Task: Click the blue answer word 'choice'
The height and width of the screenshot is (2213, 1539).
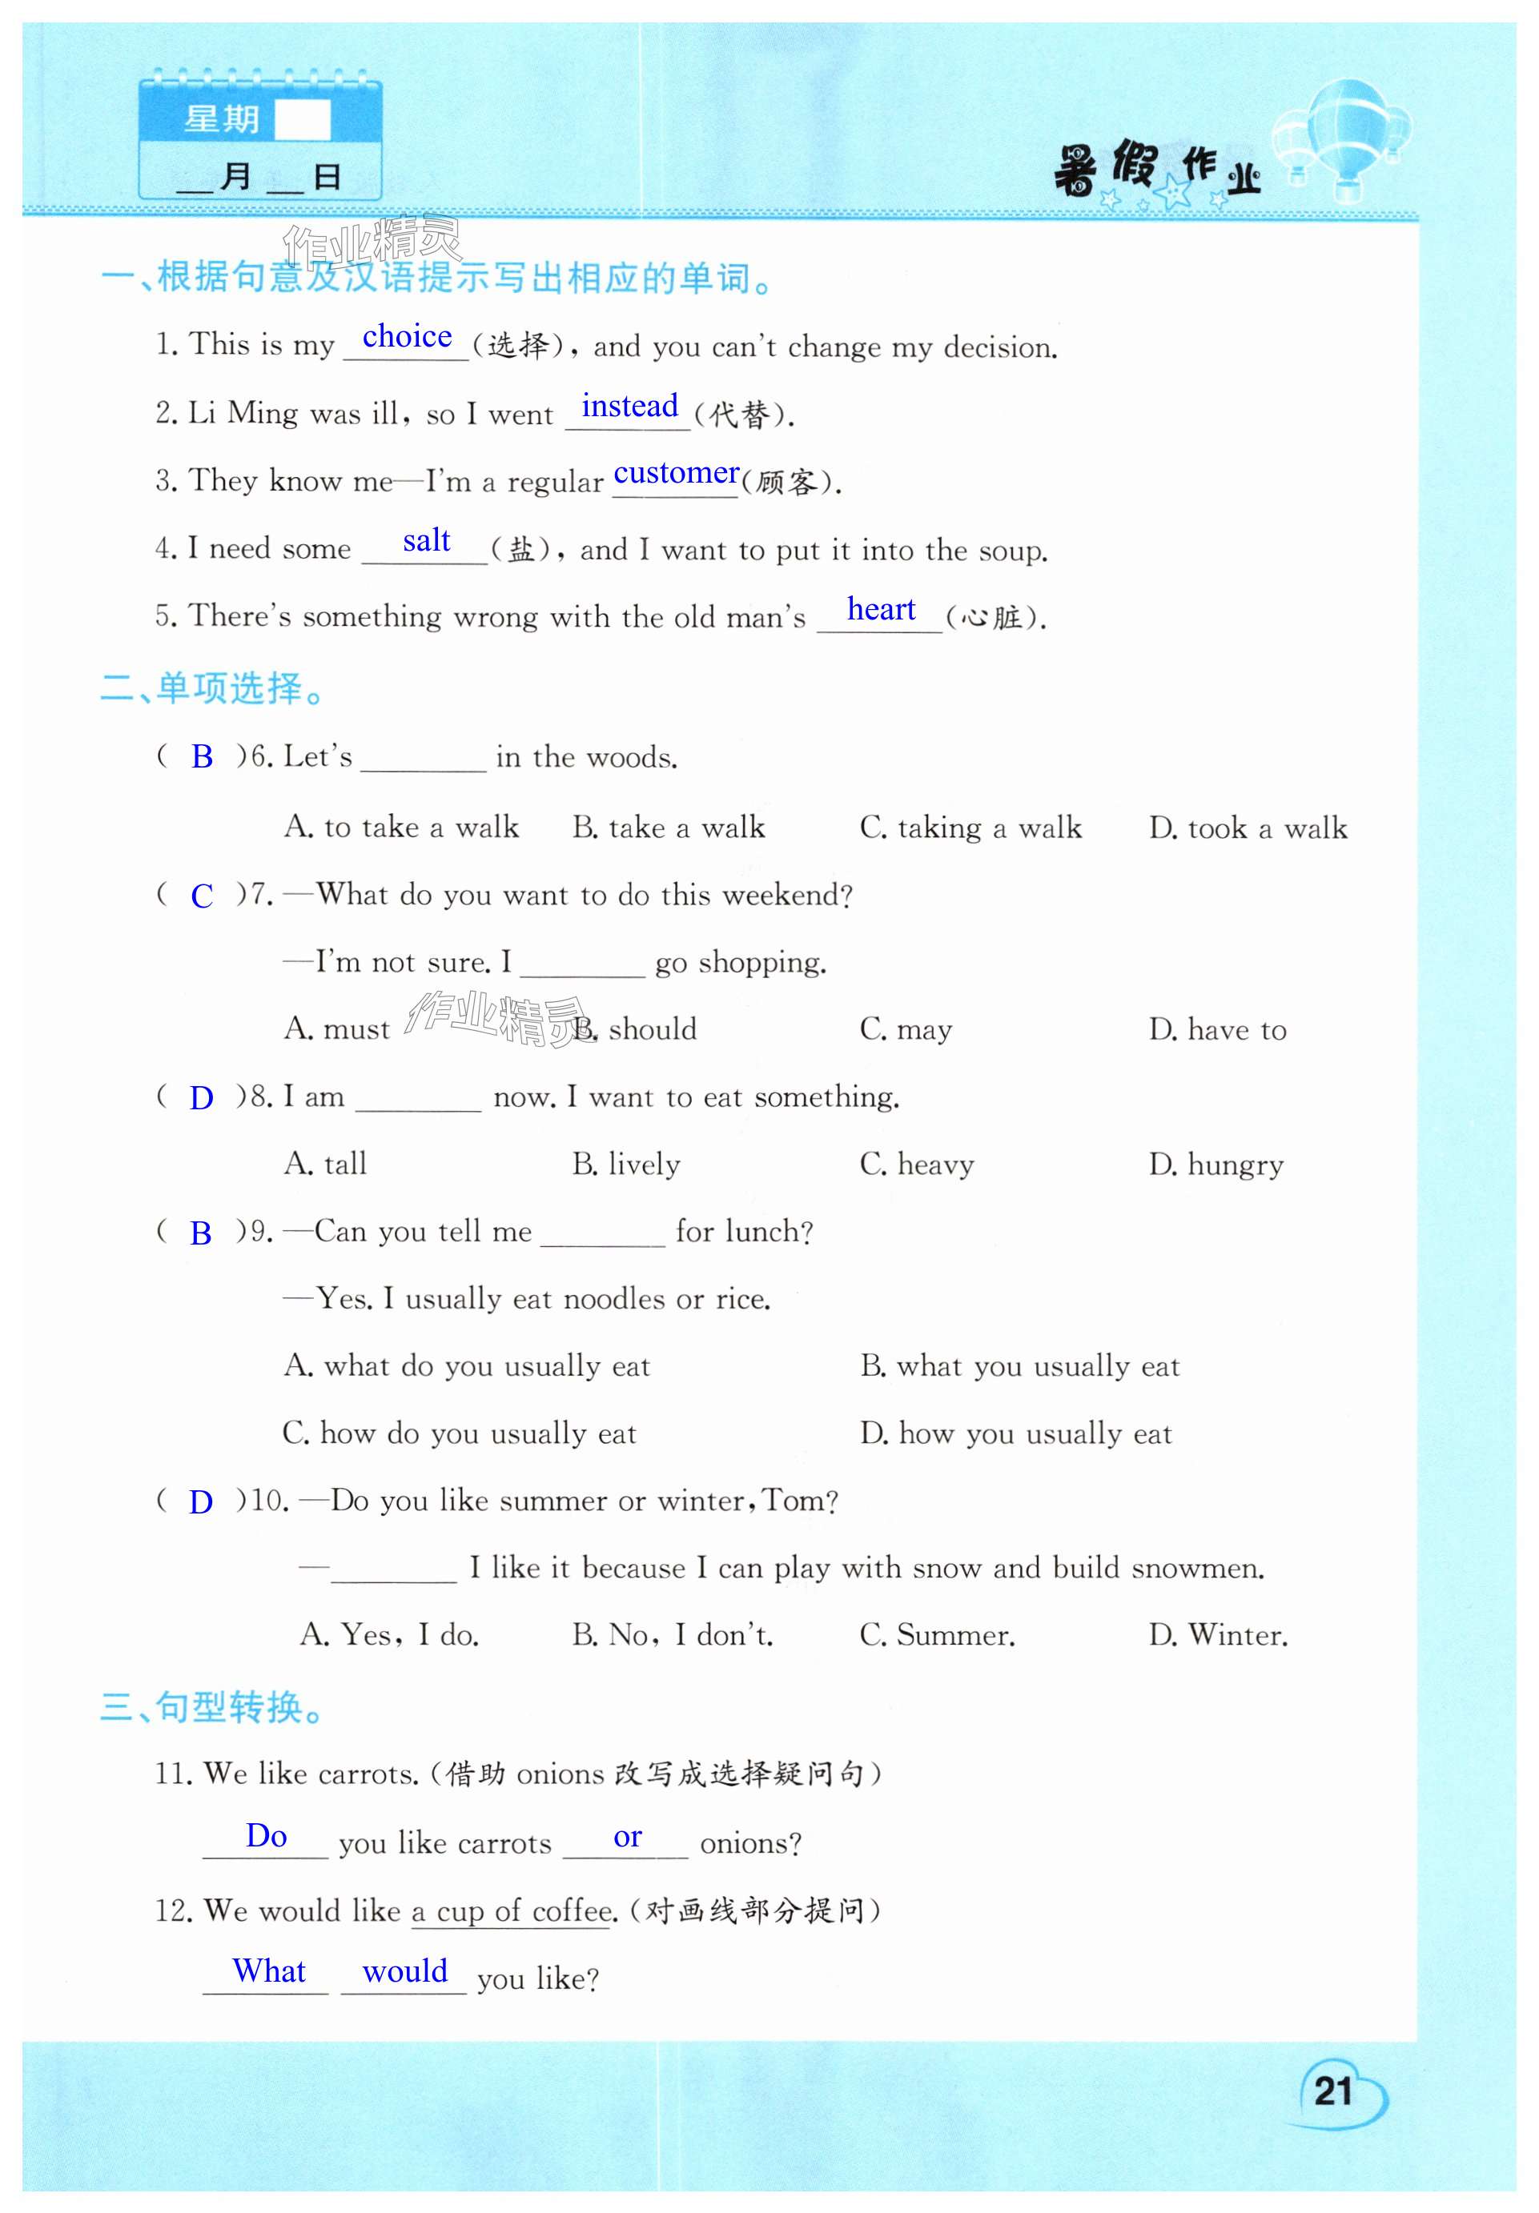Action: pos(407,336)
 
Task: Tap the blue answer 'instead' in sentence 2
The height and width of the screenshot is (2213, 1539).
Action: pos(629,406)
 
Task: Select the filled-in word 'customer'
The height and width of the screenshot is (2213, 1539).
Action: pos(676,473)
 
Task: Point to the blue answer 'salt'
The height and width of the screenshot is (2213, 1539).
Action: pos(426,541)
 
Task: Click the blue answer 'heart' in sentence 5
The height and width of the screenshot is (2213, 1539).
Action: pos(880,609)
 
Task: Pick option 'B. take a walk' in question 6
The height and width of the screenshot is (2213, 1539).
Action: pos(669,827)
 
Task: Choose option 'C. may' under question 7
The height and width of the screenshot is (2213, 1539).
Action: pos(906,1029)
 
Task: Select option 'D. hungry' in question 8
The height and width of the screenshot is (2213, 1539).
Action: pos(1216,1165)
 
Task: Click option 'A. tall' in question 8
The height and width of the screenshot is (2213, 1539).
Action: pos(325,1165)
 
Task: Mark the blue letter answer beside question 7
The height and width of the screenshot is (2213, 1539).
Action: pos(202,896)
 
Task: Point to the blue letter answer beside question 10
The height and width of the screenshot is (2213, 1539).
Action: pos(200,1501)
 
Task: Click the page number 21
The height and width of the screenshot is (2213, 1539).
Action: pos(1332,2091)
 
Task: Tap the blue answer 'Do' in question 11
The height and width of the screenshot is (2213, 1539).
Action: pos(266,1835)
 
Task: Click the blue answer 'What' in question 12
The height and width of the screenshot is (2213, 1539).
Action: pos(269,1971)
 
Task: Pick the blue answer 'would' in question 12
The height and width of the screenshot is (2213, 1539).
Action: pos(405,1971)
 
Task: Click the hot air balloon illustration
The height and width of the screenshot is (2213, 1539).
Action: pos(1344,135)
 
